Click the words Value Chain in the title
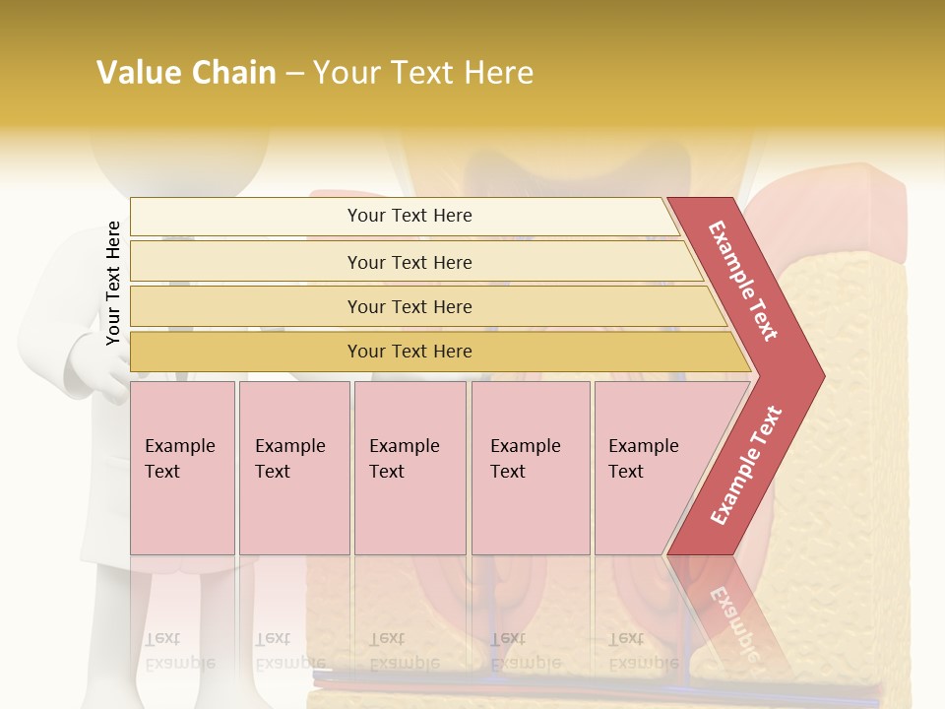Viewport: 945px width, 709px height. (186, 73)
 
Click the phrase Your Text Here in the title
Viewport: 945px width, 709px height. (423, 73)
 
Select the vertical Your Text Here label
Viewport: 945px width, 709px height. (113, 283)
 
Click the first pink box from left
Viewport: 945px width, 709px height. (182, 468)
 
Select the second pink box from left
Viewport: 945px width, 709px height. (294, 468)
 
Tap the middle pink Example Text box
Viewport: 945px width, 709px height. (409, 468)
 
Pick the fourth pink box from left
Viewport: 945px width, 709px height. (531, 468)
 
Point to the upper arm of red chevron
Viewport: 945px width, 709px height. (743, 281)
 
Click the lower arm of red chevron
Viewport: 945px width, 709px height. (745, 466)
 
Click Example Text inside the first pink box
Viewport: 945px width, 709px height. (179, 459)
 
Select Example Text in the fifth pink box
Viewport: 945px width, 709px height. (643, 459)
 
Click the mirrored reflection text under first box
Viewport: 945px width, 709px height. (179, 650)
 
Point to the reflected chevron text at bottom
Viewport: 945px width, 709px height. (733, 620)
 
